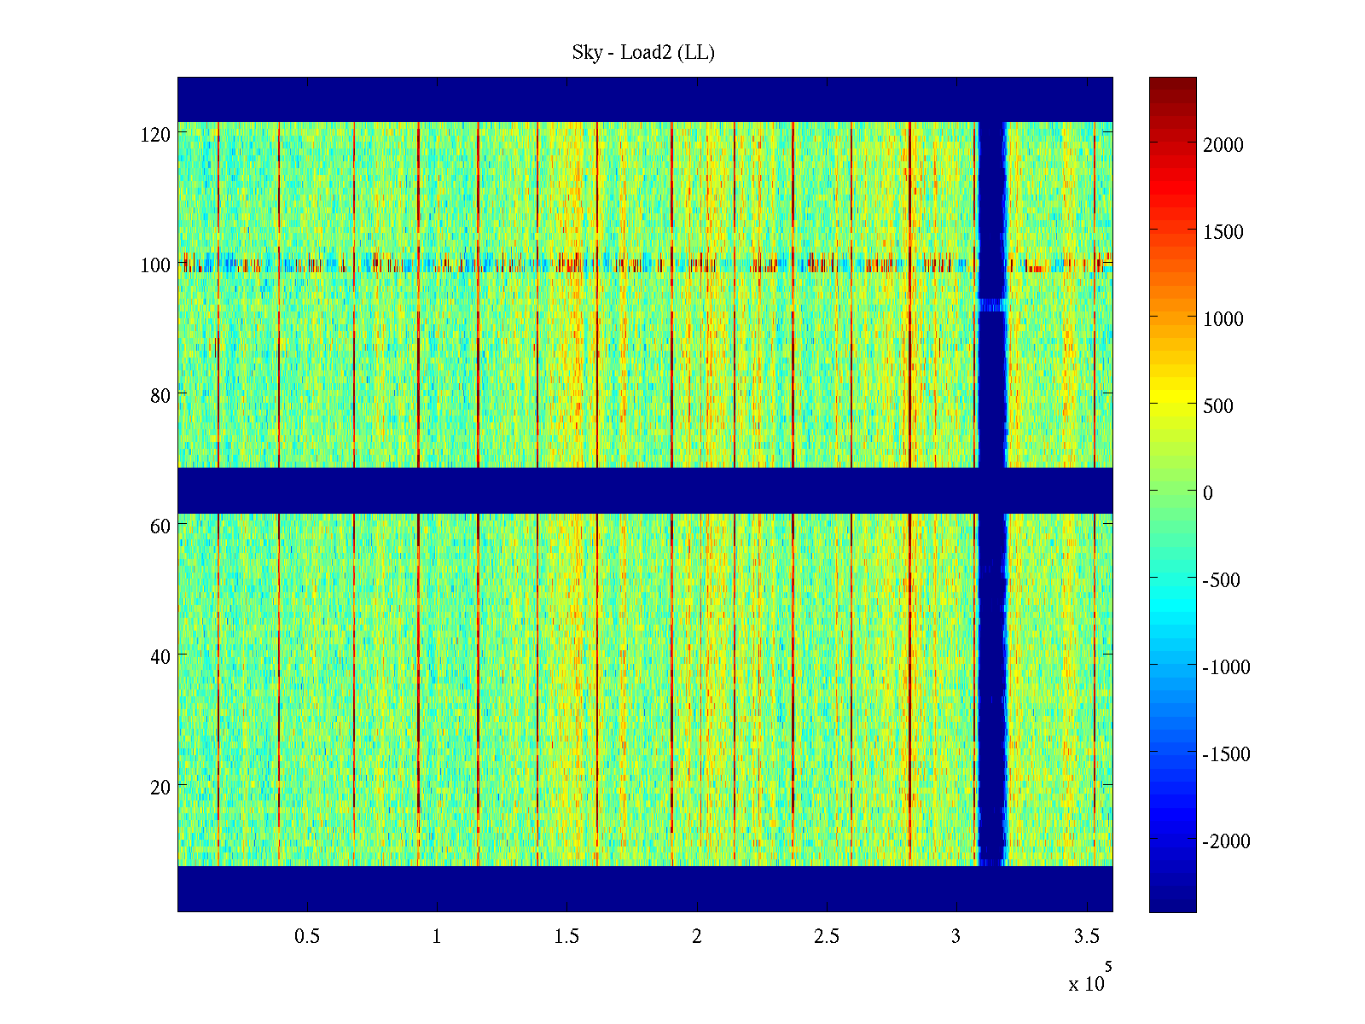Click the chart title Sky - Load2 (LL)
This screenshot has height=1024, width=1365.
[x=643, y=53]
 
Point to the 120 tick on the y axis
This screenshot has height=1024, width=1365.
[x=155, y=135]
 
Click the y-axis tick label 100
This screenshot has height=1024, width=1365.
[x=155, y=265]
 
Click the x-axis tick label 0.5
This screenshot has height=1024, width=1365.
[x=307, y=937]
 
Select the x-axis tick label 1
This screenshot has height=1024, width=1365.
[x=437, y=937]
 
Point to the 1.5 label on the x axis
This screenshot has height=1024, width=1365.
[x=566, y=937]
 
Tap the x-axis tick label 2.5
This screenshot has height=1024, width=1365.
[x=827, y=937]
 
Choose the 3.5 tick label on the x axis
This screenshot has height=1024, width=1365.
[x=1087, y=937]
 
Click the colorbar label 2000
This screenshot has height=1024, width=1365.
[x=1223, y=145]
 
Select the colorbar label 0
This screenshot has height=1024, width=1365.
[x=1207, y=493]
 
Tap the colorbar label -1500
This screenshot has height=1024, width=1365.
[x=1226, y=754]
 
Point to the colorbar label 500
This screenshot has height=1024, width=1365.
[x=1218, y=406]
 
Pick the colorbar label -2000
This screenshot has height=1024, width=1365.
[x=1226, y=841]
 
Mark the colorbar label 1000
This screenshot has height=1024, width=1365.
[x=1223, y=319]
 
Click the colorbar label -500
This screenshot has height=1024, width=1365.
[x=1221, y=580]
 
